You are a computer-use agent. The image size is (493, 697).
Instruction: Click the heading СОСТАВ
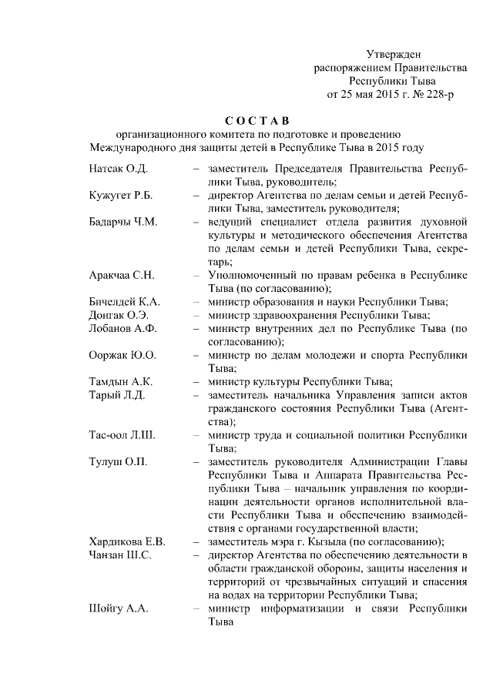click(x=257, y=120)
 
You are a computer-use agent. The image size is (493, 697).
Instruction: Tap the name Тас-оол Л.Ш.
click(x=122, y=435)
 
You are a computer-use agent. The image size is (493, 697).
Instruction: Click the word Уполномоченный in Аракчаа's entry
click(x=253, y=275)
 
